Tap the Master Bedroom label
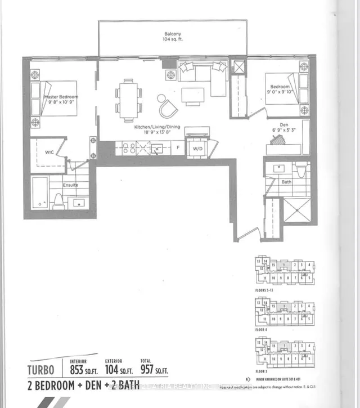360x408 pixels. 61,97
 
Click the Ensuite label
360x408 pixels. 70,184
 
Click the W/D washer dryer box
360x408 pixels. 197,149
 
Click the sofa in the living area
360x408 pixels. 202,72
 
